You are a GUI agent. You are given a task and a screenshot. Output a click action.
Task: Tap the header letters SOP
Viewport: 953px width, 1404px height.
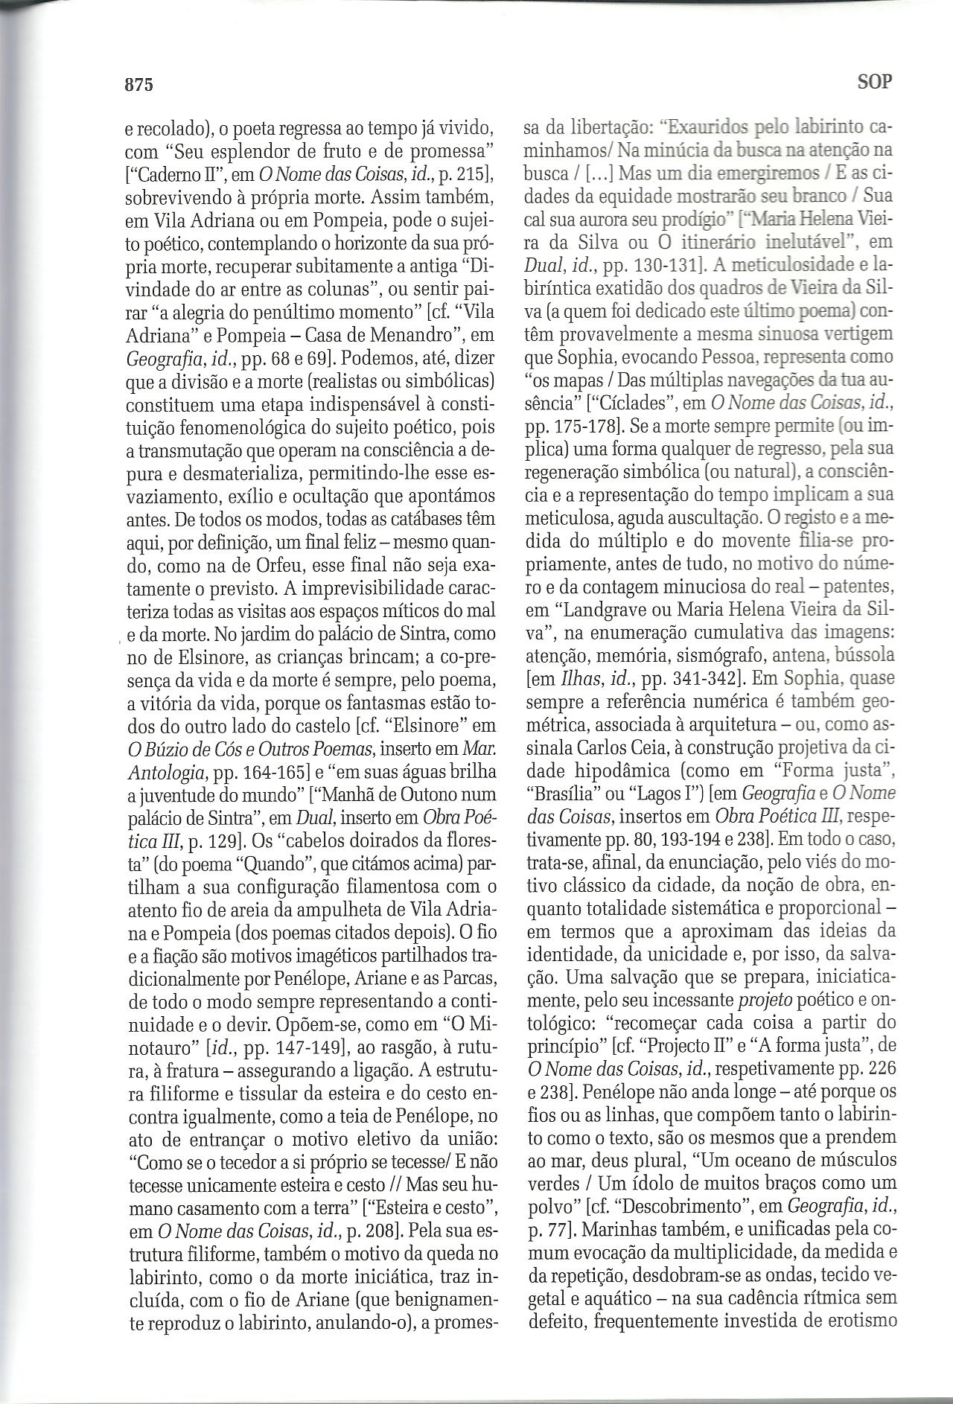(x=875, y=81)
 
